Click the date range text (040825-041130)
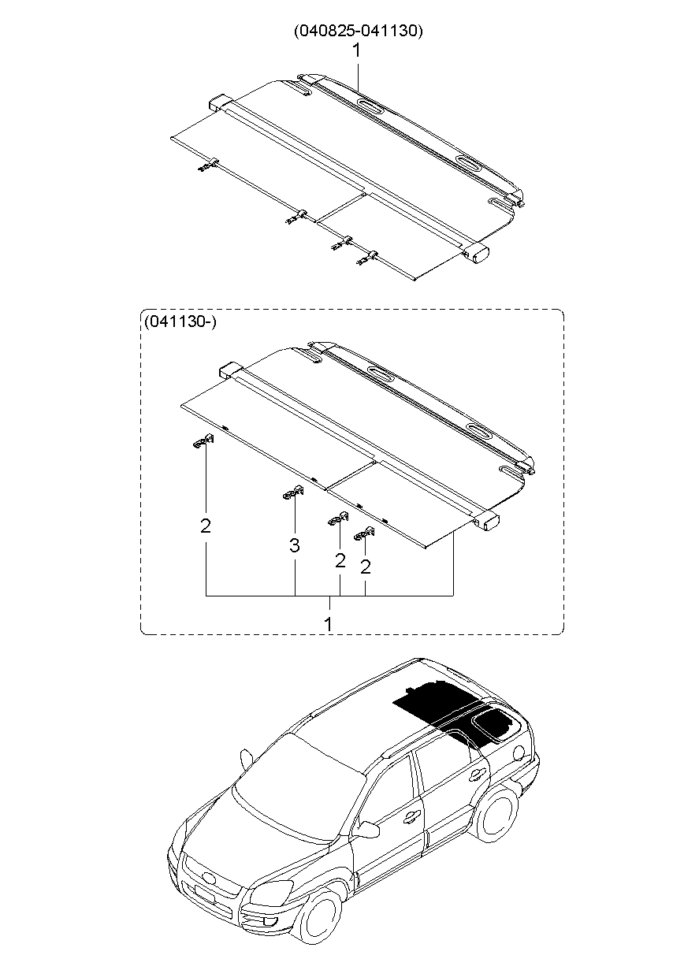click(x=359, y=32)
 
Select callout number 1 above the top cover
click(x=356, y=50)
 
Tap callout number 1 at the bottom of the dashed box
click(x=329, y=622)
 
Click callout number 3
click(x=294, y=544)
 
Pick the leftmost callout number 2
click(x=206, y=526)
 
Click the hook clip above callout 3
click(x=293, y=492)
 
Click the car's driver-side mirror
click(x=367, y=829)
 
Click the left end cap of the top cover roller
click(x=219, y=104)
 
